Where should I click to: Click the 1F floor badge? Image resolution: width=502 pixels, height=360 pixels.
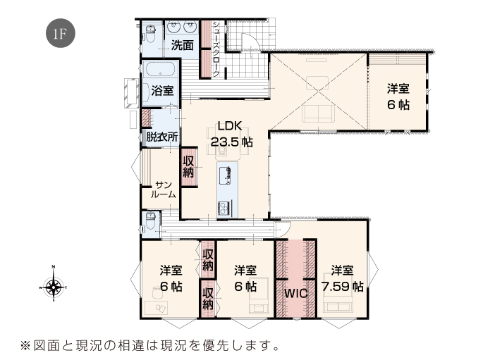tap(61, 33)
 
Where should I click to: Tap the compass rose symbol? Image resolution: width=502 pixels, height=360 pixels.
tap(53, 285)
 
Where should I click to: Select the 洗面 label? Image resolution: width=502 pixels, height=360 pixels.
tap(182, 45)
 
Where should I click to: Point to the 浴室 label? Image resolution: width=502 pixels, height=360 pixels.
tap(162, 91)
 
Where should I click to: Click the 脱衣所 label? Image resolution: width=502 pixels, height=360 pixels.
tap(162, 137)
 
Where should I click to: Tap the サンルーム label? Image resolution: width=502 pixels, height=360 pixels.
tap(164, 190)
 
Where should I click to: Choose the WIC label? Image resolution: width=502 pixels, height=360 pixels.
tap(296, 294)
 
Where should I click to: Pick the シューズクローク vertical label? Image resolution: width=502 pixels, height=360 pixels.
tap(216, 49)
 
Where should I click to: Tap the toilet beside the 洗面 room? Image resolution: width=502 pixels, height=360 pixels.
tap(150, 34)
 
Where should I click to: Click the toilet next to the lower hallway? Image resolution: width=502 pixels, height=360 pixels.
tap(150, 221)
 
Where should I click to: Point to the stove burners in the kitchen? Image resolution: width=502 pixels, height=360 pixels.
tap(224, 208)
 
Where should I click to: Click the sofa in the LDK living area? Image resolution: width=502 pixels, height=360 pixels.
tap(318, 113)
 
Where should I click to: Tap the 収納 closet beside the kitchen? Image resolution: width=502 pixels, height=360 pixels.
tap(189, 167)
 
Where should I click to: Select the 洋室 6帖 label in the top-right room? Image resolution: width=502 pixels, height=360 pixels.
tap(398, 97)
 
